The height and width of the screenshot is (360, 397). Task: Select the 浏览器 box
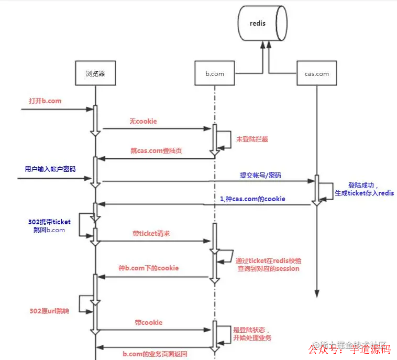(x=95, y=73)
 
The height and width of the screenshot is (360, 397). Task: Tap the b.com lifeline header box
(x=214, y=74)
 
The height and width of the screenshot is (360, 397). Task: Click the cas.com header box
(x=316, y=74)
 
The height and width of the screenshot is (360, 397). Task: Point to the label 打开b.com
(x=45, y=100)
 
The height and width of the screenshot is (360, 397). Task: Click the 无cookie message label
(x=143, y=121)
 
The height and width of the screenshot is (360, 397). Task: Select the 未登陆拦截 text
(x=252, y=139)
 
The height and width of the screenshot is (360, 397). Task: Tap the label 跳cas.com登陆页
(x=156, y=150)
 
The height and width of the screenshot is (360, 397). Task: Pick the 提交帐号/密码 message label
(x=260, y=175)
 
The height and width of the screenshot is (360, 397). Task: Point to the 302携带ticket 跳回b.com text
(x=49, y=226)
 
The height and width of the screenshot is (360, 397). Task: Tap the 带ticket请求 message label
(x=150, y=234)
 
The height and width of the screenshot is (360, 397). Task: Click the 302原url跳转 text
(x=49, y=311)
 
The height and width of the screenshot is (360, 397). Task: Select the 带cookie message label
(x=149, y=322)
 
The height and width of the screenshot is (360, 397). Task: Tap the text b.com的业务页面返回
(x=155, y=354)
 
